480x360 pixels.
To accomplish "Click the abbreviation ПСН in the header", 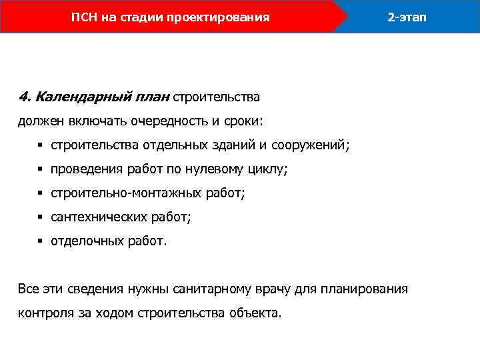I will (x=84, y=17).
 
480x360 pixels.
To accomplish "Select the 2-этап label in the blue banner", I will (x=407, y=17).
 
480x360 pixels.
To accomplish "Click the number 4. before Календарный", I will (x=25, y=97).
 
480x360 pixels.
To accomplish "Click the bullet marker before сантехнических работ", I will (x=40, y=217).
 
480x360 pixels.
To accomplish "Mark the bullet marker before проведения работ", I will (x=40, y=169).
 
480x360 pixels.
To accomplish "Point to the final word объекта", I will (x=256, y=313).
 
